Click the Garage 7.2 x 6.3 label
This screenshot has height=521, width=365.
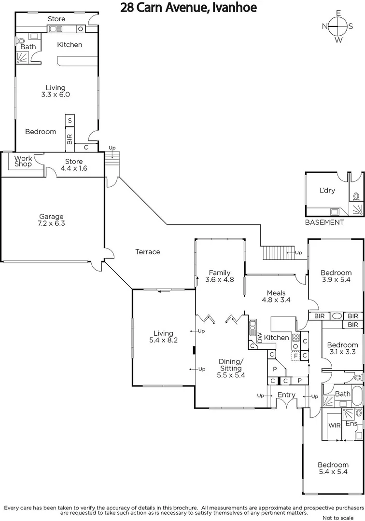tap(52, 220)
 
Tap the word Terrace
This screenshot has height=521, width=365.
tap(147, 252)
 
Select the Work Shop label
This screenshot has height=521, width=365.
tap(23, 161)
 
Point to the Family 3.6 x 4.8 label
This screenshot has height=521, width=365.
tap(219, 276)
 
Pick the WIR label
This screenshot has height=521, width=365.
tap(335, 426)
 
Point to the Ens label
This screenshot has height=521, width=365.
tap(351, 424)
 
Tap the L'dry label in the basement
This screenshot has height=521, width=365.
tap(327, 190)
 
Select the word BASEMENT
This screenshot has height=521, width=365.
tap(324, 222)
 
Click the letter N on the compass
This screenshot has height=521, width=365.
tap(325, 27)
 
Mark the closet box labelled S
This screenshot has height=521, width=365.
tap(70, 121)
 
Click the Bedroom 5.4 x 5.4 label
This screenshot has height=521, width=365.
tap(333, 468)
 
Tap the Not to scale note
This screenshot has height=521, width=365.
tap(340, 517)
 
